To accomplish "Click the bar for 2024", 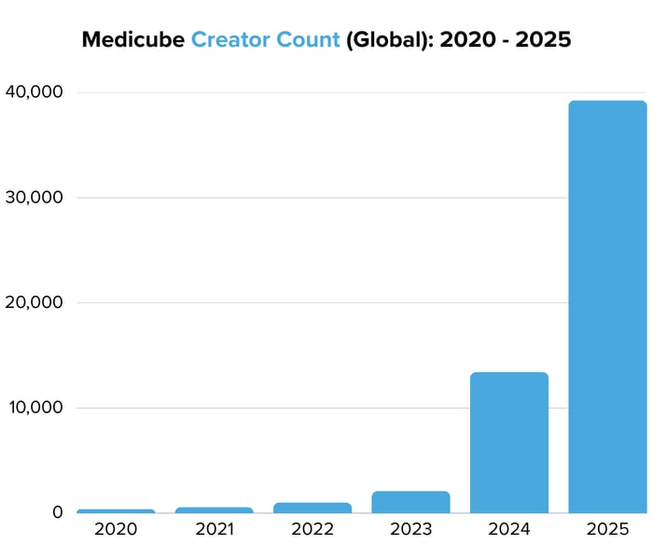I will point(509,442).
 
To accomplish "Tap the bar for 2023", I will point(410,502).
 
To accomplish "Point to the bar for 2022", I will point(313,508).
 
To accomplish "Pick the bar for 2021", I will point(214,509).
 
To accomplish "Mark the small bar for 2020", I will point(116,510).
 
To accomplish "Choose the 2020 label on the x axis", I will point(116,529).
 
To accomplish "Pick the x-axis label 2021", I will point(214,529).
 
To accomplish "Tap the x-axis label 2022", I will point(313,529).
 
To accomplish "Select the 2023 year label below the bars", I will point(410,529).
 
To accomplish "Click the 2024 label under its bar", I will point(509,529).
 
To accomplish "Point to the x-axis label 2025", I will point(607,529).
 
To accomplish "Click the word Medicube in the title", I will point(132,40).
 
